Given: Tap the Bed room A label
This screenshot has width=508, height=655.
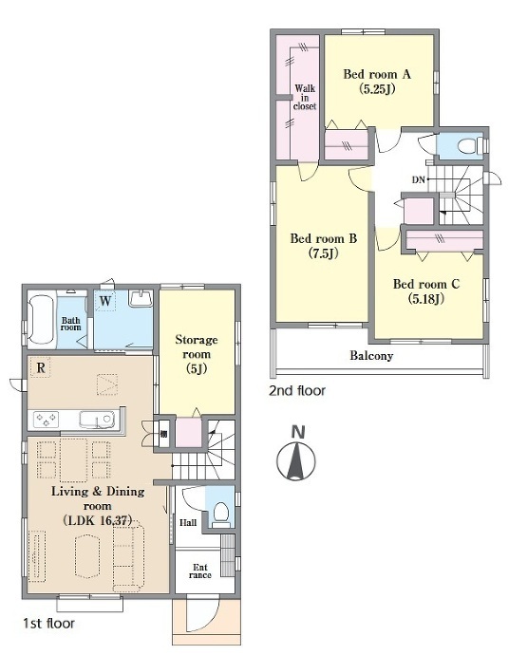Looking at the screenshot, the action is click(377, 74).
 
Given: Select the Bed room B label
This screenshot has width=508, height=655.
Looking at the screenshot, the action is click(324, 238).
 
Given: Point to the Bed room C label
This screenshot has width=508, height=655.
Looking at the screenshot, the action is click(426, 284).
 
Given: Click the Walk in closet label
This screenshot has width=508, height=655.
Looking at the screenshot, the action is click(305, 98).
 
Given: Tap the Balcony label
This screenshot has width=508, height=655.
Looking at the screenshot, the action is click(371, 356).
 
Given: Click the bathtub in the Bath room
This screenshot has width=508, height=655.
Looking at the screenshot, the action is click(42, 320).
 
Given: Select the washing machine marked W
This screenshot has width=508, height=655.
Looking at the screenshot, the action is click(104, 301).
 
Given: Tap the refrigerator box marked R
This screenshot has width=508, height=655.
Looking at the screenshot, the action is click(41, 367).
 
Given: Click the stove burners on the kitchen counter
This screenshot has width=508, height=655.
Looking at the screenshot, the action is click(46, 419).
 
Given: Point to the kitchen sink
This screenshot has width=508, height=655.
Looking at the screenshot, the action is click(97, 420).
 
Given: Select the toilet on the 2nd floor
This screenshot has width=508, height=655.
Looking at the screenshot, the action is click(470, 146).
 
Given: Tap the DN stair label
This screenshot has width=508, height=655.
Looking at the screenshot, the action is click(418, 180).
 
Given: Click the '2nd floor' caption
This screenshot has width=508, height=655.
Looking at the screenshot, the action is click(297, 391).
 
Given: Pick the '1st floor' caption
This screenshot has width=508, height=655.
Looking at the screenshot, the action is click(48, 624).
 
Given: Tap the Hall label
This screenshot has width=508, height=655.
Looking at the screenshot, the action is click(188, 522).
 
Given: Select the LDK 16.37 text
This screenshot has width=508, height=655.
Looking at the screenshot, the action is click(98, 520).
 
